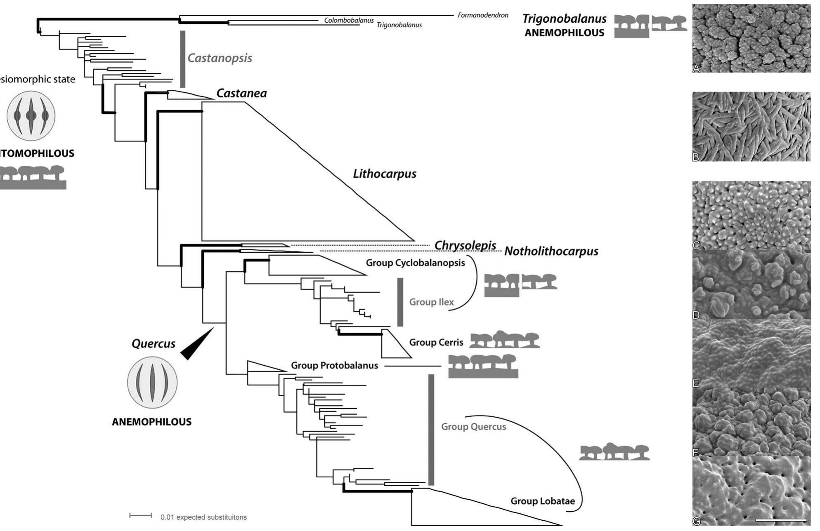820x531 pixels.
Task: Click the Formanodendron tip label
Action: tap(482, 15)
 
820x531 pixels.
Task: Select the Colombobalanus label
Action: tap(348, 20)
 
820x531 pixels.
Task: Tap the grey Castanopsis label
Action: tap(220, 58)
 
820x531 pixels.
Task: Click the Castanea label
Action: tap(241, 94)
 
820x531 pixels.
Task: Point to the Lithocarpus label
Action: tap(384, 174)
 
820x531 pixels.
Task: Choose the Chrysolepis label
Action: tap(465, 245)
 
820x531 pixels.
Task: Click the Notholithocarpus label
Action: tap(551, 251)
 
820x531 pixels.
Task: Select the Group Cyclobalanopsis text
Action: tap(415, 263)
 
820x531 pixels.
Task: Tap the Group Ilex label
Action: tap(431, 302)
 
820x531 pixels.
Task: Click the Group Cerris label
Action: tap(436, 343)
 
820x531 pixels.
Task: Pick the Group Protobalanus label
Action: tap(334, 365)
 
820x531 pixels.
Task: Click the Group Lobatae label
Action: tap(542, 501)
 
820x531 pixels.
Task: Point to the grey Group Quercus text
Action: tap(473, 427)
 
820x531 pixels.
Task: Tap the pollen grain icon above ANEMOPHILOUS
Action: tap(152, 383)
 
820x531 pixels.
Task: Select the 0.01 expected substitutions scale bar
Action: tap(141, 516)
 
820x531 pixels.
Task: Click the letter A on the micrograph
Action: tap(697, 68)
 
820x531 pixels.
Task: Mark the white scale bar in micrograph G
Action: tap(781, 520)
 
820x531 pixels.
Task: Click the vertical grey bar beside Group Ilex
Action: tap(400, 302)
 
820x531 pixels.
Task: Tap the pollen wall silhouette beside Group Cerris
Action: tap(504, 340)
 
